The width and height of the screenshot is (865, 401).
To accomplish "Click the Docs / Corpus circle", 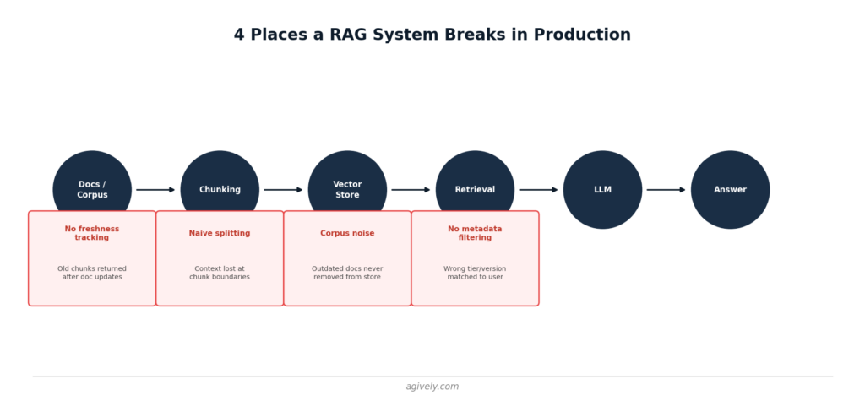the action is [x=92, y=182].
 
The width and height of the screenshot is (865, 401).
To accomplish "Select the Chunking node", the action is [x=220, y=182].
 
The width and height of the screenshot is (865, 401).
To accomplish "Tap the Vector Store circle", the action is [x=347, y=182].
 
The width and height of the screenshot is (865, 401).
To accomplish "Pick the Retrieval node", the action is [x=475, y=182].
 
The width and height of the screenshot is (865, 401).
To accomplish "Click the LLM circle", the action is [x=602, y=190].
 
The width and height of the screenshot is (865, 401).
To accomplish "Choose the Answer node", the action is [x=731, y=190].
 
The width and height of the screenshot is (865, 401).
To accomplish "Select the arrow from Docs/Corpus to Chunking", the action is [x=155, y=190].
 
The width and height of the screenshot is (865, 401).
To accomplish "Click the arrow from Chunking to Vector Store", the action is [x=283, y=190].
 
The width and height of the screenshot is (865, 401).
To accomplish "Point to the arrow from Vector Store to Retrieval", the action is [x=411, y=190].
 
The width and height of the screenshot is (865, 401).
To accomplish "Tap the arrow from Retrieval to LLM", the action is [x=538, y=190].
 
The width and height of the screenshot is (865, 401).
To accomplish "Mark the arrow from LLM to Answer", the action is [x=666, y=190].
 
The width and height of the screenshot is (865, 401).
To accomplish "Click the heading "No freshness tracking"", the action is [x=92, y=233].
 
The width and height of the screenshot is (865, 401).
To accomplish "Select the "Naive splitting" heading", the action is [x=220, y=233].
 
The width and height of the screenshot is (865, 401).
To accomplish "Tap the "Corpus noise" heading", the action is [x=347, y=233].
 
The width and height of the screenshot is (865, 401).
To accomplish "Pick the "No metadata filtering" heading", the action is [x=475, y=233].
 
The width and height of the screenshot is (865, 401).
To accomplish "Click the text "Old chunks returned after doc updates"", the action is [x=92, y=273].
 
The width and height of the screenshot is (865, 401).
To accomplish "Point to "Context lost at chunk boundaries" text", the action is [x=220, y=273].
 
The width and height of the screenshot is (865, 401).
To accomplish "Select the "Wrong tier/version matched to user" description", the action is [x=475, y=273].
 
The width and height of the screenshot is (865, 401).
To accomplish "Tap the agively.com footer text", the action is [x=432, y=387].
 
